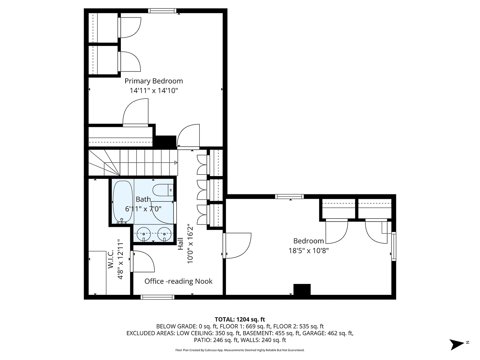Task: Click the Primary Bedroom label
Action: pyautogui.click(x=154, y=81)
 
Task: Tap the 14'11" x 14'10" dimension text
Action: pyautogui.click(x=154, y=91)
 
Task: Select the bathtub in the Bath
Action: pyautogui.click(x=122, y=202)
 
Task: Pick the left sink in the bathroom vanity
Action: pyautogui.click(x=144, y=234)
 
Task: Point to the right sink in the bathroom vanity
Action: pyautogui.click(x=164, y=234)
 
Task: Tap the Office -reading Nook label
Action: pyautogui.click(x=178, y=281)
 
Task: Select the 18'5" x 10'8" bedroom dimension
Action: pyautogui.click(x=308, y=251)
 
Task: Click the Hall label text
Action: pyautogui.click(x=180, y=244)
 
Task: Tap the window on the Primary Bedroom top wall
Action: pyautogui.click(x=162, y=11)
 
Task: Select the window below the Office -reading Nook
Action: pyautogui.click(x=158, y=297)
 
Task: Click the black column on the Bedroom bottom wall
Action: pyautogui.click(x=302, y=290)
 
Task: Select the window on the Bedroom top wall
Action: pyautogui.click(x=289, y=196)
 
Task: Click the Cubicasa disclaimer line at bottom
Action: pyautogui.click(x=240, y=350)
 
